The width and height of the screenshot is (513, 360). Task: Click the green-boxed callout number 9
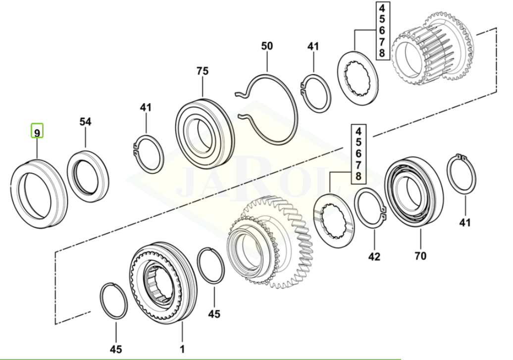tap(37, 133)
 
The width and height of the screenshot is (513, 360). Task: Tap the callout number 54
tap(85, 122)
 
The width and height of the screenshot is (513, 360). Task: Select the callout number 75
tap(203, 71)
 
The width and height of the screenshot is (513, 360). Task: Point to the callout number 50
tap(267, 46)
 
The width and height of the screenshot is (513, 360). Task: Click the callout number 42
tap(374, 257)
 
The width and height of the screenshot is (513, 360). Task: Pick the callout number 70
tap(421, 256)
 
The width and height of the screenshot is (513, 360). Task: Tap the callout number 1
tap(182, 349)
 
